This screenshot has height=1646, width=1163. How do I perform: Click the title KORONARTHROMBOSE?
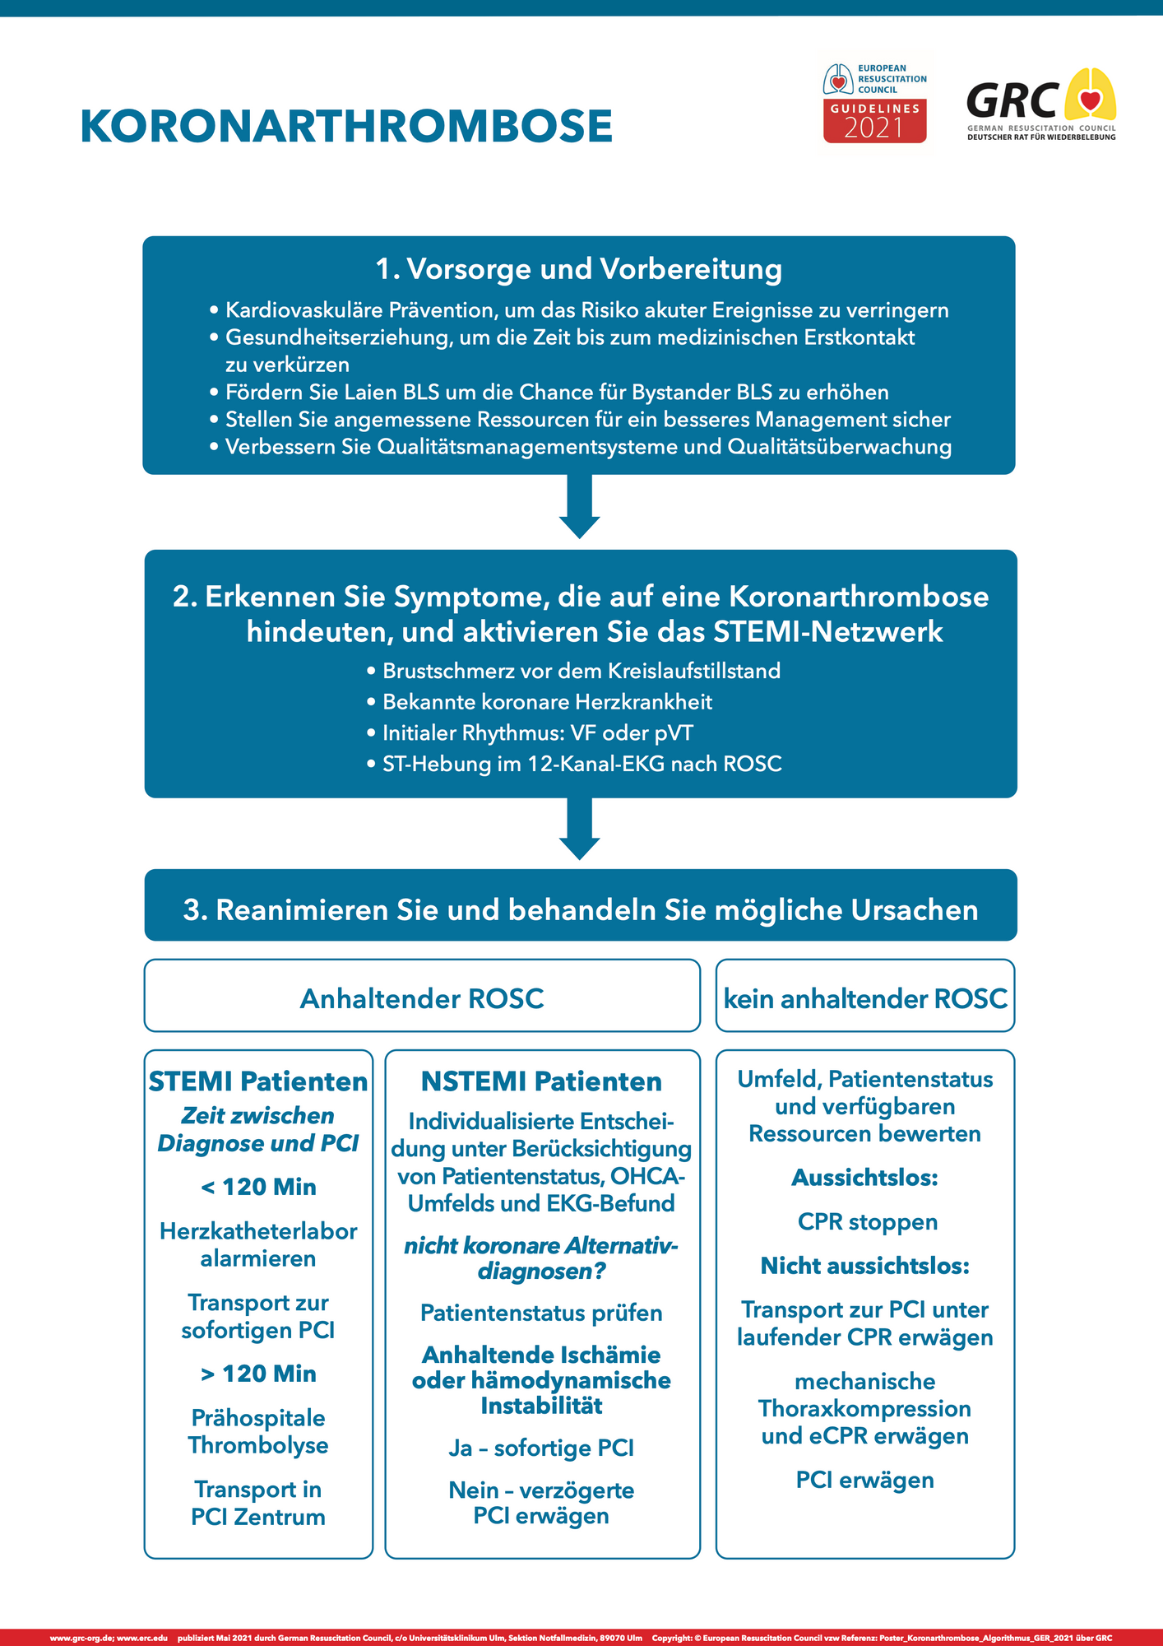345,127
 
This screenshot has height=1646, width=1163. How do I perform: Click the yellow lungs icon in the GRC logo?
1090,95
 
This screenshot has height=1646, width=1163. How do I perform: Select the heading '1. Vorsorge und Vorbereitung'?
578,269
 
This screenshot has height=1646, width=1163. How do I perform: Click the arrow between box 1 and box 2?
579,506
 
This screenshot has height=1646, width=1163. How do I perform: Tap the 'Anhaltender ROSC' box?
422,998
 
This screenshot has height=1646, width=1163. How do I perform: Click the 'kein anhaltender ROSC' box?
865,998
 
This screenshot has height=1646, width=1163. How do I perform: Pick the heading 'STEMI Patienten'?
258,1081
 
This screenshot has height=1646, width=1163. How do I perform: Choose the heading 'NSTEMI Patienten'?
541,1081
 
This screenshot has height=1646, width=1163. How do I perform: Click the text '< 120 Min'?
258,1187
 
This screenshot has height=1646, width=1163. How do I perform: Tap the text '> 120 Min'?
258,1374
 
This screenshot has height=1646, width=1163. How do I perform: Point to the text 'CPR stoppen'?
867,1222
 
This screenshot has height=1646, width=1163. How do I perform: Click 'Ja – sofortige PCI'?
541,1448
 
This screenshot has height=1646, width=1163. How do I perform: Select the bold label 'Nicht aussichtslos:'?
865,1266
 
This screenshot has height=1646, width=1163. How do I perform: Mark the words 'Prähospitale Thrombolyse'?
258,1432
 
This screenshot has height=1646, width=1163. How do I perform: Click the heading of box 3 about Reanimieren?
581,910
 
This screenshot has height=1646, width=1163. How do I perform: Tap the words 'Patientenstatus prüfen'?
541,1313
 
